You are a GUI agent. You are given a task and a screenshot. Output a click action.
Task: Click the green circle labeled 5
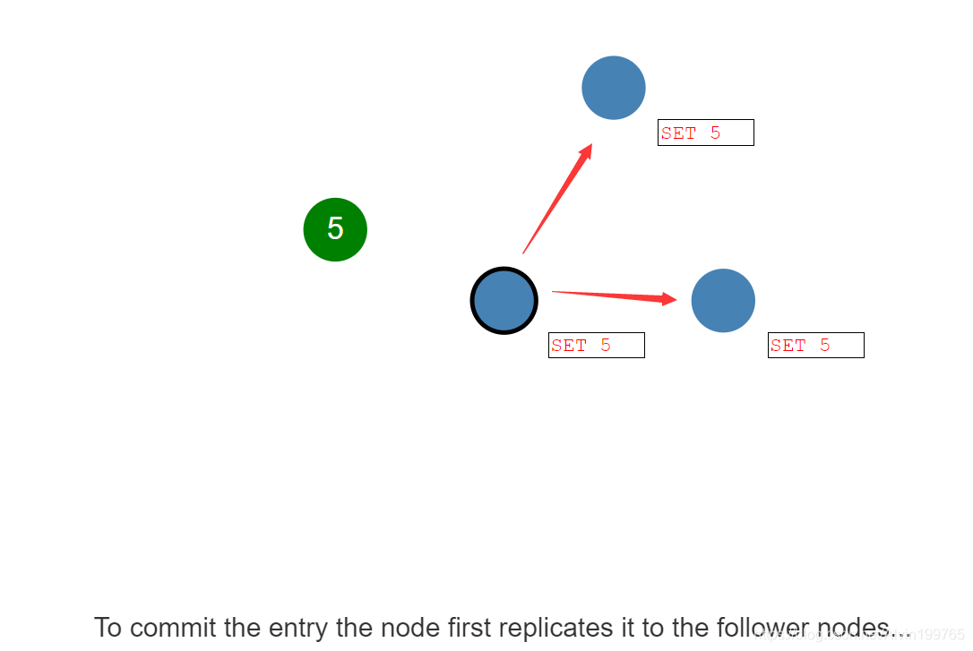click(335, 229)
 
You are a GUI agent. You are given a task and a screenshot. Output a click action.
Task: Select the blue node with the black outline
click(504, 301)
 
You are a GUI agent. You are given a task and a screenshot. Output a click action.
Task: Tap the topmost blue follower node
click(614, 88)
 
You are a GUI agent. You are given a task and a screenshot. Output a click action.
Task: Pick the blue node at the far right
click(723, 301)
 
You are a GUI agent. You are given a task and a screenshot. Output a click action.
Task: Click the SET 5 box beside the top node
click(705, 133)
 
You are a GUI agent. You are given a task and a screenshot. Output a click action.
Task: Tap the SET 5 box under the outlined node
click(596, 345)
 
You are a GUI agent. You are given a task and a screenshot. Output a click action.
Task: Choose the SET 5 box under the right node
click(815, 345)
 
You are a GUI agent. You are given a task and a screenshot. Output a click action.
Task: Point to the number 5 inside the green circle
click(335, 229)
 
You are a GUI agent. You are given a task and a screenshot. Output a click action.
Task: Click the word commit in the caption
click(174, 628)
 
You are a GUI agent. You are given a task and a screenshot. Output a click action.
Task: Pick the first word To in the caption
click(108, 628)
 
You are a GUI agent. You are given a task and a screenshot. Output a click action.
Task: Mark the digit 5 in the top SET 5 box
click(715, 133)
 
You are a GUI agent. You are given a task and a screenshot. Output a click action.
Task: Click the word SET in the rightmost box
click(788, 345)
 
